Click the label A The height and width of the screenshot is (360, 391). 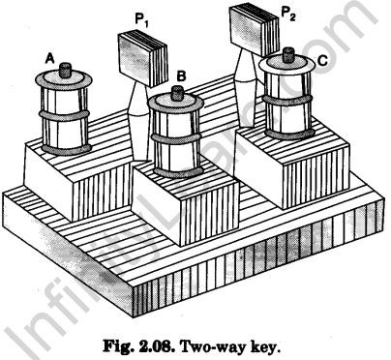(x=49, y=58)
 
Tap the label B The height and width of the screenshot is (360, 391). (x=182, y=76)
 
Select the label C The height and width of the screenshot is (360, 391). (x=322, y=61)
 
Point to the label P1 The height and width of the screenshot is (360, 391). (x=141, y=20)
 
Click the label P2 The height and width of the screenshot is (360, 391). (x=288, y=13)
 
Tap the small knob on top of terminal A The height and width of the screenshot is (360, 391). (x=66, y=70)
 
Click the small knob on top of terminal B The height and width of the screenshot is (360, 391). (x=177, y=93)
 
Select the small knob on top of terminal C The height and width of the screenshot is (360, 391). (x=288, y=55)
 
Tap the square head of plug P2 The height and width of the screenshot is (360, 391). (x=254, y=27)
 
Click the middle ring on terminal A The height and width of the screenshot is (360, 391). (x=64, y=115)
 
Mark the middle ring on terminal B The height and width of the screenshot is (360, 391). (x=176, y=138)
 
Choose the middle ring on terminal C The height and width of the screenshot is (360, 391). (x=288, y=100)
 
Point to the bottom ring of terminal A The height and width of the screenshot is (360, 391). (x=67, y=150)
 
